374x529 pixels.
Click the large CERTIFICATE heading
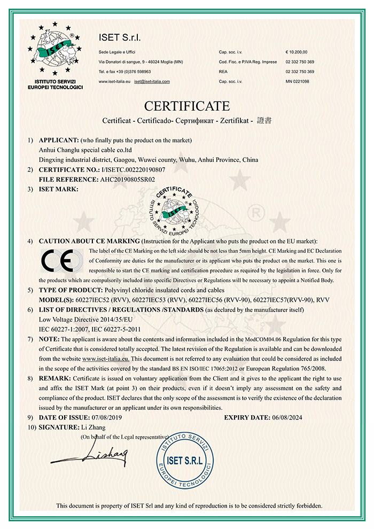tap(187, 105)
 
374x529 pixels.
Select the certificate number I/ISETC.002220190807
tap(131, 169)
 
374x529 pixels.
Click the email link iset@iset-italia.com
tap(152, 81)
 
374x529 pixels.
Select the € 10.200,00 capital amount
tap(297, 52)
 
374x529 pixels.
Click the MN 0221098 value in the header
tap(298, 81)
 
